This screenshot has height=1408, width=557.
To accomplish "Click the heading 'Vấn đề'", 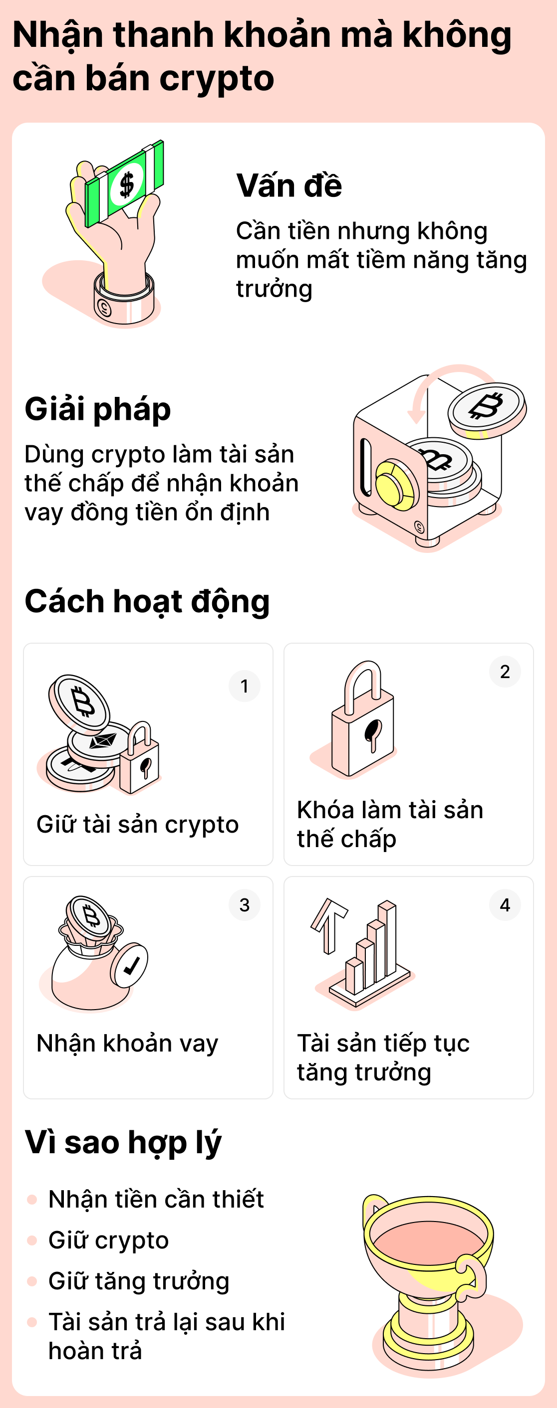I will [x=289, y=186].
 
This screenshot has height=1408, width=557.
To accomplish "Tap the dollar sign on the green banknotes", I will [x=127, y=184].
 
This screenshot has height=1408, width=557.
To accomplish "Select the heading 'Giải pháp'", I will [x=98, y=409].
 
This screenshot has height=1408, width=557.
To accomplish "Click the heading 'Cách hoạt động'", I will [x=147, y=601].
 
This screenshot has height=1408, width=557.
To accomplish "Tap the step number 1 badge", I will [x=244, y=686].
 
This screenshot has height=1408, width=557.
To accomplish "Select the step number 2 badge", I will [x=505, y=671].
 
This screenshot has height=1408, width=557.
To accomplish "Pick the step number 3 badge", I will [x=244, y=904].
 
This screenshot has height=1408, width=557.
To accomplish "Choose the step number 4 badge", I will [x=505, y=904].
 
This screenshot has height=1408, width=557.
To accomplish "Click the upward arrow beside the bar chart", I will [x=328, y=924].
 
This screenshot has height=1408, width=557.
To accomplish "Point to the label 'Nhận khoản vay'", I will [x=127, y=1043].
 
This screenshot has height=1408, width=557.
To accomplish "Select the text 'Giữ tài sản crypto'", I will [x=137, y=824].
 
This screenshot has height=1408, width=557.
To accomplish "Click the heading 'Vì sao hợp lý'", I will [x=123, y=1142].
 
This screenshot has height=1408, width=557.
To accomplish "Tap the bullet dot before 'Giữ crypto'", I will [x=32, y=1240].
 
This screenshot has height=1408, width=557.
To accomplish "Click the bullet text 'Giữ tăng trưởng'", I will [x=138, y=1281].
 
